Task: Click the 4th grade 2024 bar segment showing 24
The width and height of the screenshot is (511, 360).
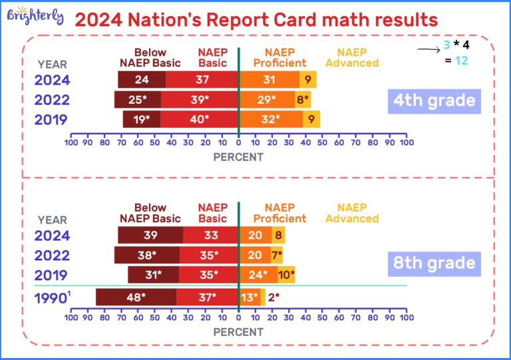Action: tap(142, 80)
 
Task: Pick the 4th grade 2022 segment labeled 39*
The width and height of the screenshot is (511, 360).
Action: tap(199, 99)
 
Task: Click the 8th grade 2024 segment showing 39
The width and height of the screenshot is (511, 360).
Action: tap(151, 235)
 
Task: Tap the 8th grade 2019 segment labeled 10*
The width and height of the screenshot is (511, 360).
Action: tap(286, 274)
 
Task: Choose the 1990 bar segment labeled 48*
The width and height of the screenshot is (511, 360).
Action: tap(136, 297)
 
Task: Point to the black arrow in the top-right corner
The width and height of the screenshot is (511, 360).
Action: tap(425, 48)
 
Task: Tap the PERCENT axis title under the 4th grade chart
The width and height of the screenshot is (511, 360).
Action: tap(238, 158)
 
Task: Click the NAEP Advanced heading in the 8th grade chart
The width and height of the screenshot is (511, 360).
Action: tap(352, 213)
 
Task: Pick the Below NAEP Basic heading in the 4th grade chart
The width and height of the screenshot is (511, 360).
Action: tap(150, 58)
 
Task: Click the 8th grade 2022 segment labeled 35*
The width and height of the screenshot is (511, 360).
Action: tap(209, 255)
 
